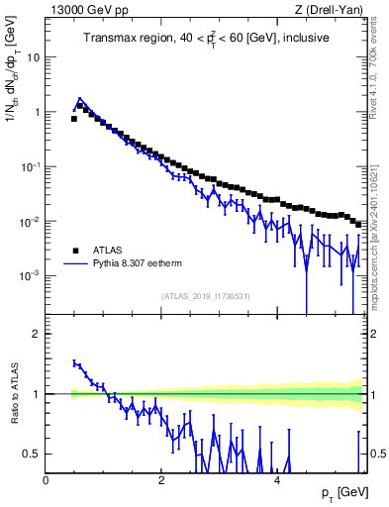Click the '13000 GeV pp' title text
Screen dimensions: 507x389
tap(86, 11)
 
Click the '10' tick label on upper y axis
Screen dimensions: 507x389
tap(34, 57)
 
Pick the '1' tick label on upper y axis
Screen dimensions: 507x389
tap(37, 112)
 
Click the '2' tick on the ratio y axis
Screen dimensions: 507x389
tap(37, 334)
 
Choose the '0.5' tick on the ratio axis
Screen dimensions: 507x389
tap(32, 454)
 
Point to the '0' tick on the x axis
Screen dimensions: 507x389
tap(46, 480)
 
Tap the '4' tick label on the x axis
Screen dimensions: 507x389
tap(277, 480)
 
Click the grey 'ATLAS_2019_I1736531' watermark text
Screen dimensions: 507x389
tap(205, 296)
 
